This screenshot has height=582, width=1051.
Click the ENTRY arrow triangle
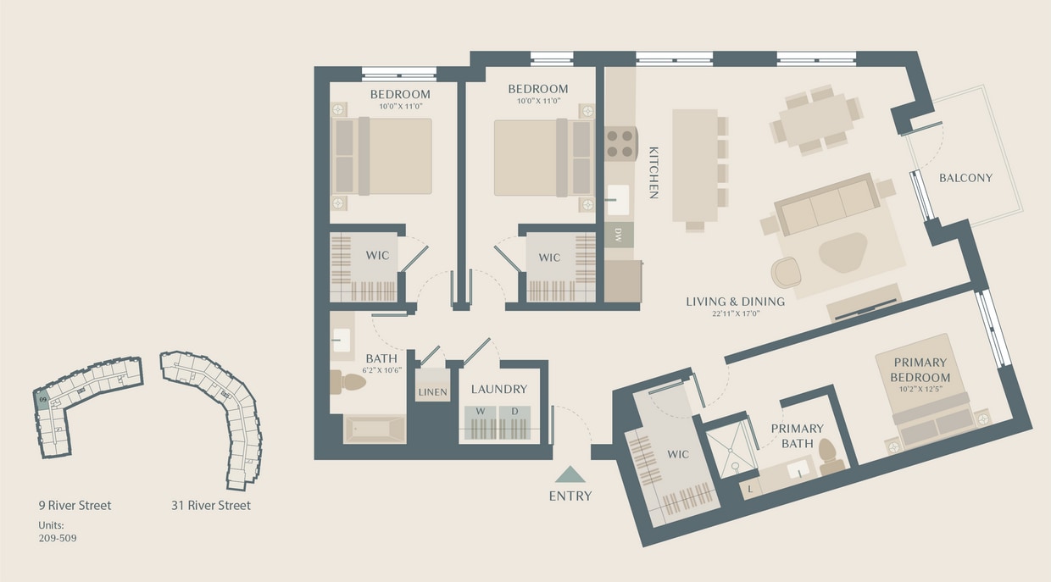570,474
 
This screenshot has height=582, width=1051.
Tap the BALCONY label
965,178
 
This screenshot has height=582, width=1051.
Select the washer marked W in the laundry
480,413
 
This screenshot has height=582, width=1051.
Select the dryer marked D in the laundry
514,413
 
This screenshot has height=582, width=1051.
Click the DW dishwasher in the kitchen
619,234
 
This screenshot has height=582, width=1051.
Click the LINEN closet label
432,392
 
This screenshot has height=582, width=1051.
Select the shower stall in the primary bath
731,449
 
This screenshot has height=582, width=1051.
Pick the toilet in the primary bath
831,455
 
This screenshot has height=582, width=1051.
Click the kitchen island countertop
695,165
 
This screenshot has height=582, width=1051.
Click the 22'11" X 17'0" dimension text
735,314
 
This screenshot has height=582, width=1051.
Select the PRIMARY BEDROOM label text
920,370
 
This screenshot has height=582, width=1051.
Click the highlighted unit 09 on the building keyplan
42,398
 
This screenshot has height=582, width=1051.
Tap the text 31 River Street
210,506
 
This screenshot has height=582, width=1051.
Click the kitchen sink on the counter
618,200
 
